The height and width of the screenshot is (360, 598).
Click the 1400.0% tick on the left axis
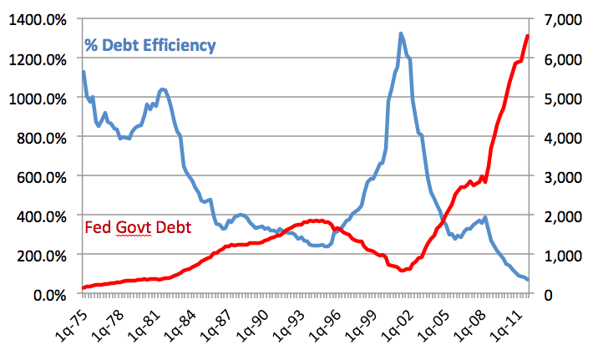(39, 20)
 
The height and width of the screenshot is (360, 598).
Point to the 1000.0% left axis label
(39, 99)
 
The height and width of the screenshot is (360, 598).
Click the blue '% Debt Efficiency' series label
(150, 45)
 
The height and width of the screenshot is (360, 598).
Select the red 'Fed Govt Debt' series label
(139, 227)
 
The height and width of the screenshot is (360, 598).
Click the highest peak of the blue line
(401, 33)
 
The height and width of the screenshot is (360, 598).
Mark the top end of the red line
(528, 35)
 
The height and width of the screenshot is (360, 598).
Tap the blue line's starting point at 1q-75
(83, 72)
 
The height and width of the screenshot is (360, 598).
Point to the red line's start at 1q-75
(83, 288)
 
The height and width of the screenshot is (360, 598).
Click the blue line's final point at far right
(528, 280)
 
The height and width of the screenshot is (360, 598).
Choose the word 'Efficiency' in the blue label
(179, 45)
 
